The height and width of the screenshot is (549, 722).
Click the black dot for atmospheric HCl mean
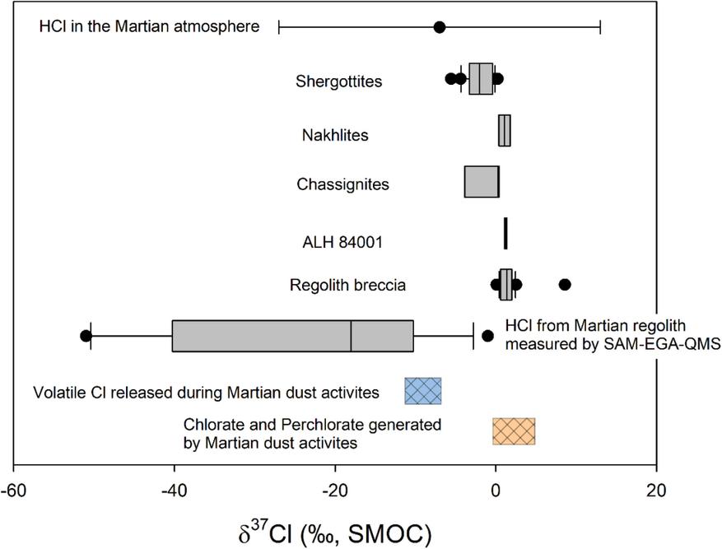point(440,27)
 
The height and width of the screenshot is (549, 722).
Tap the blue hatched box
point(423,391)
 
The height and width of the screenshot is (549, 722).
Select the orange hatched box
point(514,431)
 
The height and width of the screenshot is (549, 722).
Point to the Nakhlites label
point(334,134)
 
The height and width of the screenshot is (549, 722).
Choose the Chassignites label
point(342,184)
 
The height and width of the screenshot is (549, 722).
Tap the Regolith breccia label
point(347,286)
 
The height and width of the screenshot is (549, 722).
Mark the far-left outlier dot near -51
point(86,335)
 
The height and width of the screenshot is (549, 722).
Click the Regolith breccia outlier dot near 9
point(565,285)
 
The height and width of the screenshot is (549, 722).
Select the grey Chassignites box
point(481,182)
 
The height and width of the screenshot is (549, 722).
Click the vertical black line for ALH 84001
point(505,233)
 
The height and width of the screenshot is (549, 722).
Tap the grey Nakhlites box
point(504,131)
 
